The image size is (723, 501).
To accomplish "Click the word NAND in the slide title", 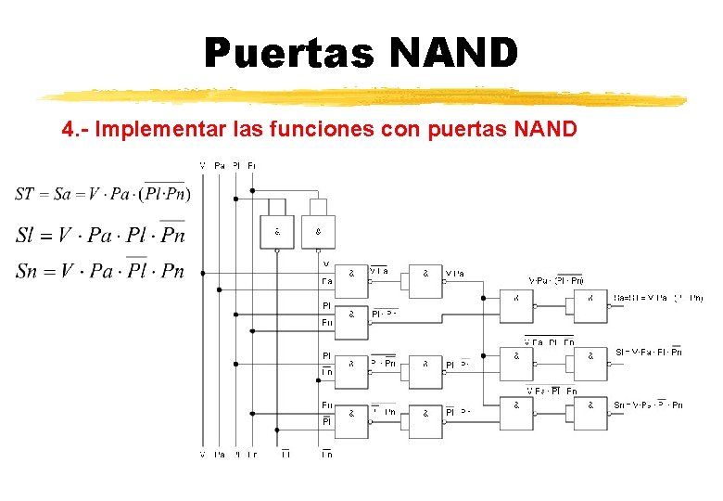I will point(453,53).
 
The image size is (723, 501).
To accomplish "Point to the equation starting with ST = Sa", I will point(103,193).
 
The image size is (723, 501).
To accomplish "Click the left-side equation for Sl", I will point(100,234).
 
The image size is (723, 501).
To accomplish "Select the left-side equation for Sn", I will point(100,271).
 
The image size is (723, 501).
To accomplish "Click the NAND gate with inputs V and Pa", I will point(351,276).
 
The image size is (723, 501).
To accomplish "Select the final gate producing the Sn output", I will point(590,407).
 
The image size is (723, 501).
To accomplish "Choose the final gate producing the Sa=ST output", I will point(590,302).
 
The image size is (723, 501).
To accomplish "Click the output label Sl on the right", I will point(648,353).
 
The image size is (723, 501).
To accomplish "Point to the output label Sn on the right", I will point(648,405).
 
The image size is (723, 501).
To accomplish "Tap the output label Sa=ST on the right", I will point(658,298).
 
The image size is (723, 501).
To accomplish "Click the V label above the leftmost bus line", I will point(203,165).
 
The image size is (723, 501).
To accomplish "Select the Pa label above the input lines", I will point(219,165).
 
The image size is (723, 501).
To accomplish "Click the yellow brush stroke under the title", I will point(361,96).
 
